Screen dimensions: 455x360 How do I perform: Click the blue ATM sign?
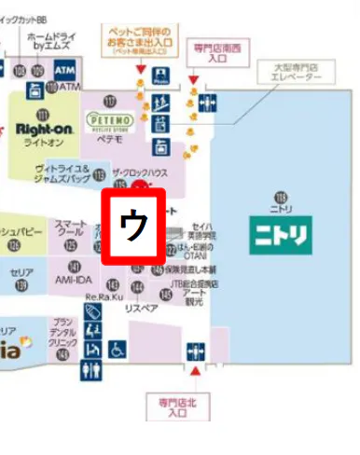[65, 70]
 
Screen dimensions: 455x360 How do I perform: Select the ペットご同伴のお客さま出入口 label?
[140, 42]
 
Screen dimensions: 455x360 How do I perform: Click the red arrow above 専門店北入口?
[196, 371]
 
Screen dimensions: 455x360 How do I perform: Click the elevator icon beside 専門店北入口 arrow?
[195, 350]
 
